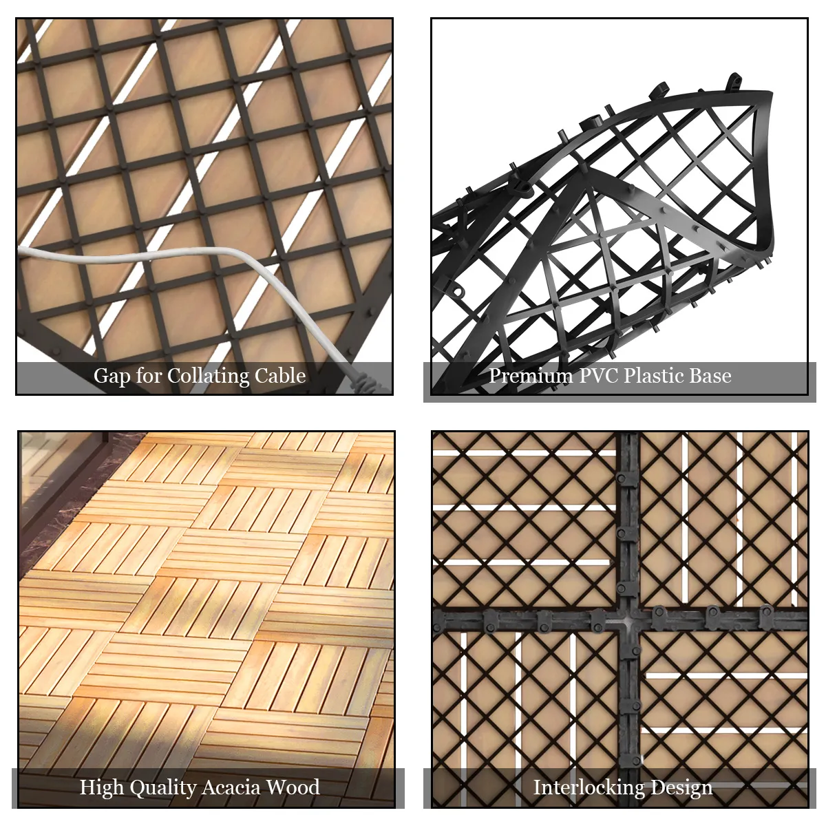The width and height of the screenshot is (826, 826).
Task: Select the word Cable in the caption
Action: [280, 376]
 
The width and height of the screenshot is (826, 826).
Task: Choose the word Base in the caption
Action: [710, 376]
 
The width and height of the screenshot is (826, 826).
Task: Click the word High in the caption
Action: [102, 788]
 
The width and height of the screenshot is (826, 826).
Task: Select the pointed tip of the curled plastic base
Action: [770, 95]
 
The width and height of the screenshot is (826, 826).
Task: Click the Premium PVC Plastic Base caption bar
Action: [619, 382]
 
